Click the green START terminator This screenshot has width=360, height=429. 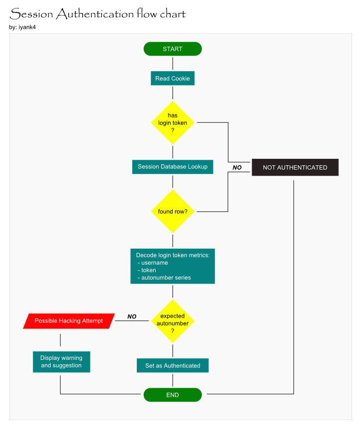[173, 49]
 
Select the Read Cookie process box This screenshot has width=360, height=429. [173, 78]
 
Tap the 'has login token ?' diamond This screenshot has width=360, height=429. [173, 122]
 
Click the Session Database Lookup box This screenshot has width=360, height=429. [173, 167]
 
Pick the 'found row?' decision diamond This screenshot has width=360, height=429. [173, 212]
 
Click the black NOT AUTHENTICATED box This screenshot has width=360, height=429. [295, 167]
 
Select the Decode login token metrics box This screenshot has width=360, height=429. [173, 266]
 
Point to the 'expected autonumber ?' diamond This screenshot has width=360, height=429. [173, 321]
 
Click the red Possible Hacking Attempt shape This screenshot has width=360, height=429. [69, 321]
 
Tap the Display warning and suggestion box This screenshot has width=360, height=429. [61, 362]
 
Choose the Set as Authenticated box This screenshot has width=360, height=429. [173, 365]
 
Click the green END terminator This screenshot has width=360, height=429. [173, 395]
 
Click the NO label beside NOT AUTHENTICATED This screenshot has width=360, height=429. [237, 168]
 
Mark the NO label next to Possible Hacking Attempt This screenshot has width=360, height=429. [132, 317]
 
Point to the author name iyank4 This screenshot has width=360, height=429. [27, 27]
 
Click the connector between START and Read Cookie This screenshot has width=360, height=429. [173, 63]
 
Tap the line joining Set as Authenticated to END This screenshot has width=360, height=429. [173, 380]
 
